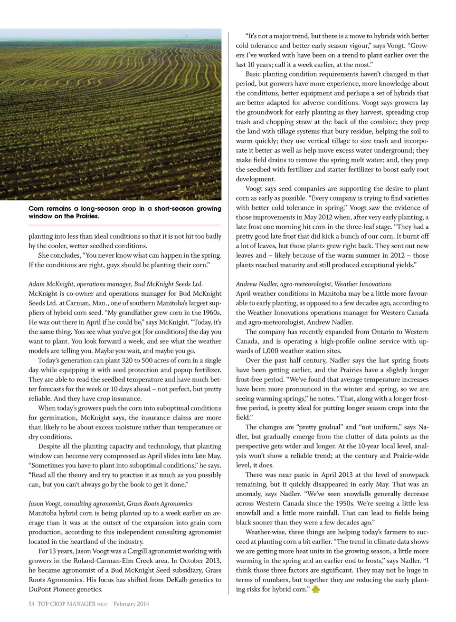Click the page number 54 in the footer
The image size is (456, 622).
[x=31, y=604]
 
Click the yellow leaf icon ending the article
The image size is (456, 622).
[x=316, y=590]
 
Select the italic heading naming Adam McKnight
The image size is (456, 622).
[x=115, y=284]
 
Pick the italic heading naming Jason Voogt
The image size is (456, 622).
[x=110, y=503]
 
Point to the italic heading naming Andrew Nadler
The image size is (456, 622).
[x=313, y=284]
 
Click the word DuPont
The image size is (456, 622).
[x=40, y=589]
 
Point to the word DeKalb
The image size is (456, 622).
[x=166, y=580]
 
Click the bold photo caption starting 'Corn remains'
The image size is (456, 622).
[x=124, y=212]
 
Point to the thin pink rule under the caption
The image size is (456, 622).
[x=124, y=225]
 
